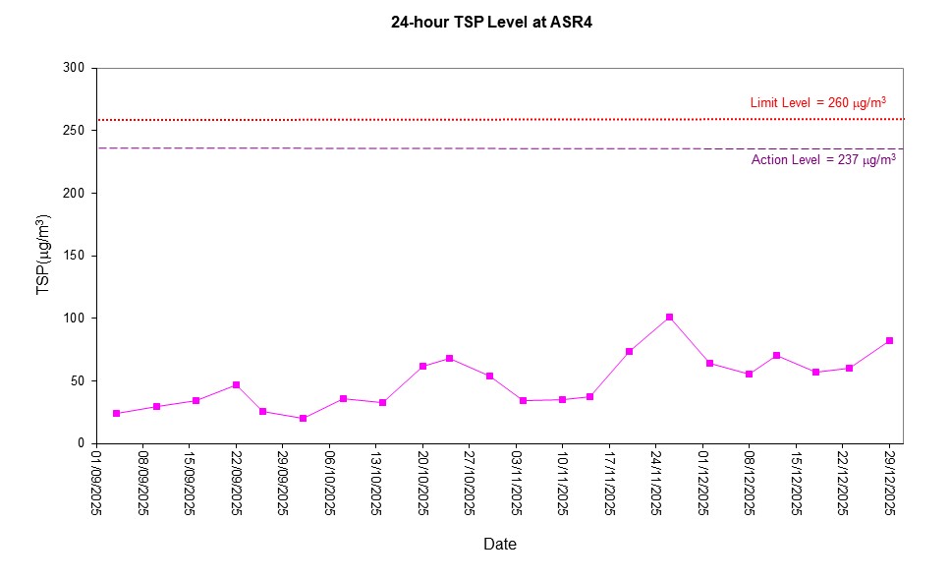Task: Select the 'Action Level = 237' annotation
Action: tap(823, 160)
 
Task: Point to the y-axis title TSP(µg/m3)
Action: tap(43, 255)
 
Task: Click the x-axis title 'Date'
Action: tap(499, 544)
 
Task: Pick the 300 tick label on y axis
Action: tap(75, 68)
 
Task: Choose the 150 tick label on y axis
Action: tap(75, 256)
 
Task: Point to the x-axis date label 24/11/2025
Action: tap(656, 482)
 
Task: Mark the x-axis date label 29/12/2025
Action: tap(890, 482)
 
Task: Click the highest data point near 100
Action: tap(669, 317)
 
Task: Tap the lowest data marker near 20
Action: tap(303, 418)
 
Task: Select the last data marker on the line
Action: tap(889, 340)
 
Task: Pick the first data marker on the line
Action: tap(116, 414)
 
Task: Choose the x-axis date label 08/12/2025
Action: tap(750, 482)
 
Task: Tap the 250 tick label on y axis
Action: tap(75, 130)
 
